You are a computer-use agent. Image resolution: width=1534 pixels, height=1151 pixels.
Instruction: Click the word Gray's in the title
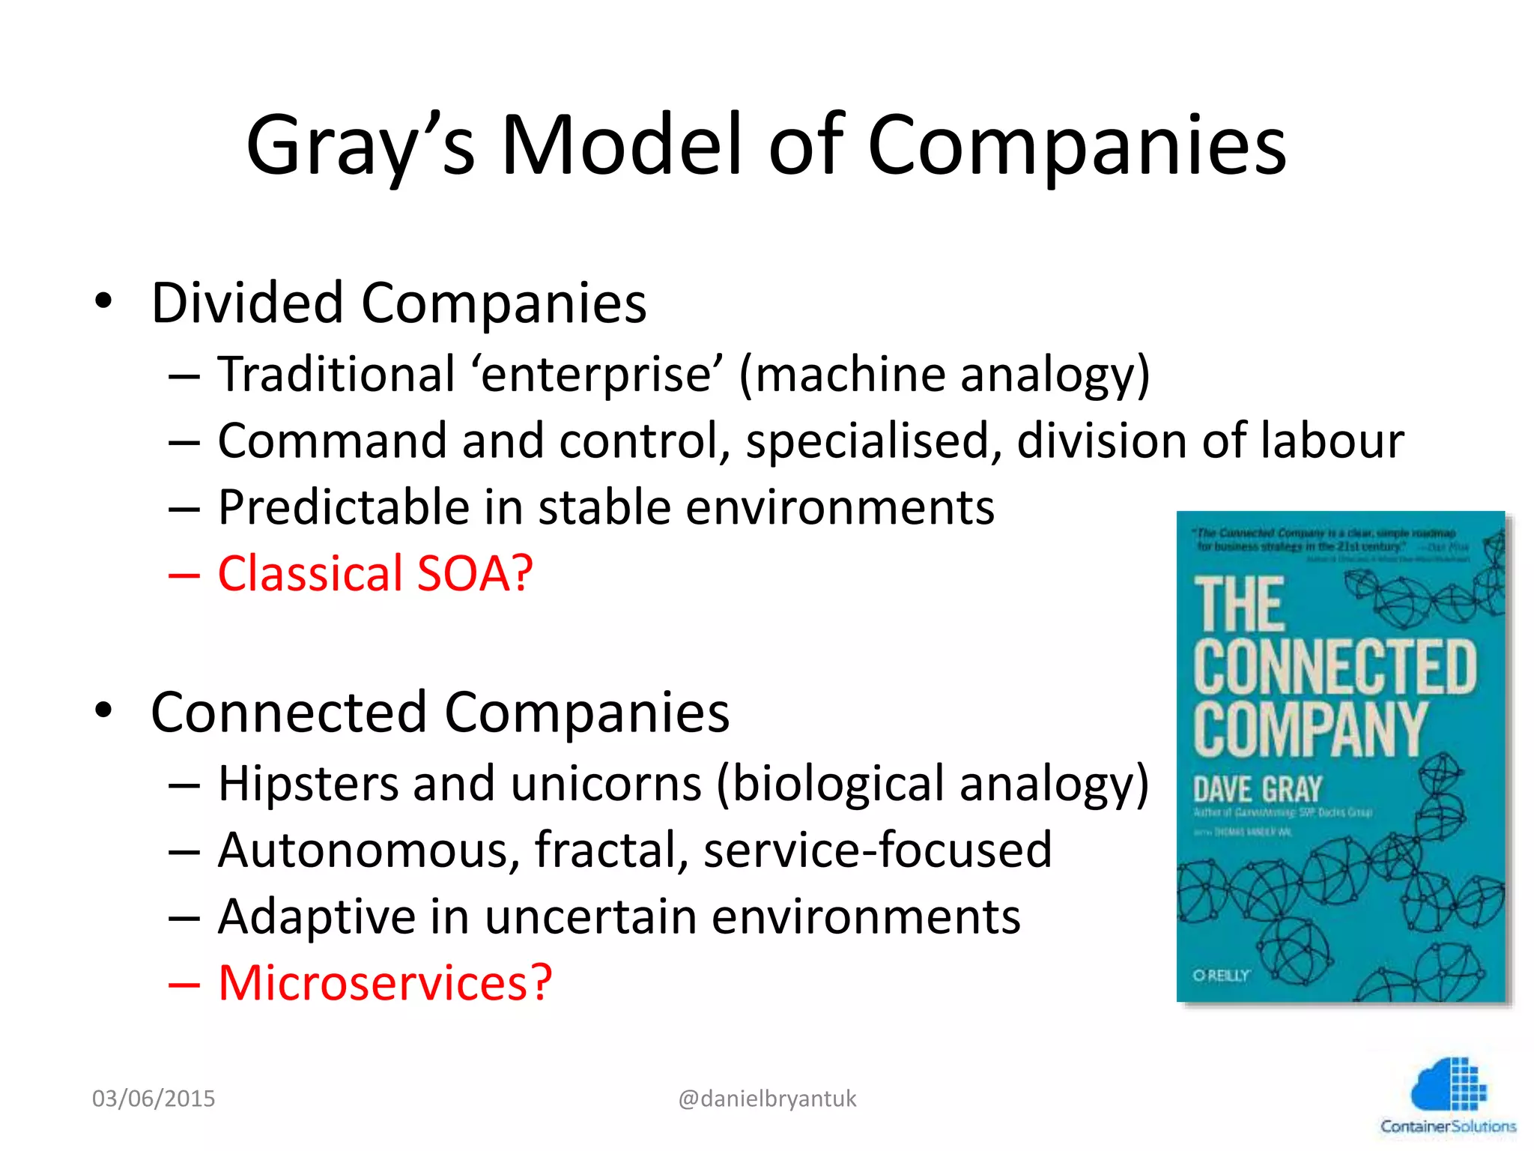360,146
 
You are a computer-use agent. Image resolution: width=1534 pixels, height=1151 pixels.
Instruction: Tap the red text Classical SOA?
375,574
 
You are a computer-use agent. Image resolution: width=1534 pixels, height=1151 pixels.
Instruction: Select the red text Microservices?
385,983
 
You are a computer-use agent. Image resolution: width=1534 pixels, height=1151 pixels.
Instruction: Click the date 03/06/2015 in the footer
154,1099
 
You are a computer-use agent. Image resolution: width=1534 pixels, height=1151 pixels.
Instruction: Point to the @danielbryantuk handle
767,1099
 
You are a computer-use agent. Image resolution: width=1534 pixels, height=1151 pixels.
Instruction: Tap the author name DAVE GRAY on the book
1258,790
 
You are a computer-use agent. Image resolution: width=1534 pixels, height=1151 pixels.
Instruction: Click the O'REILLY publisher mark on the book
1221,976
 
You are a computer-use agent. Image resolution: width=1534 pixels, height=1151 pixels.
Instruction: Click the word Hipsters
308,784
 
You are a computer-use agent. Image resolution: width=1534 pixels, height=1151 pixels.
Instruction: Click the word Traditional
336,374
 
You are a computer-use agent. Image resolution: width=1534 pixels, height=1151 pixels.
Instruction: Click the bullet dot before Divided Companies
103,301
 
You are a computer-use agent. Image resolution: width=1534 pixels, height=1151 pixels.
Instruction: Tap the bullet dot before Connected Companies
103,710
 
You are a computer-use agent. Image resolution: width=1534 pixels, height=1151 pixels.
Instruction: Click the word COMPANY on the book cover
1310,728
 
